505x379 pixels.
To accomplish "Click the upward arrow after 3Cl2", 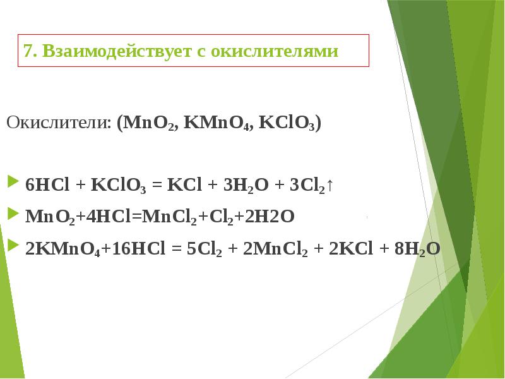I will coord(331,186).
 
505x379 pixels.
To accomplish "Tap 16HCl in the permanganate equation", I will coord(126,249).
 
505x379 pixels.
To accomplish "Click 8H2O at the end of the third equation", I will coord(417,249).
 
